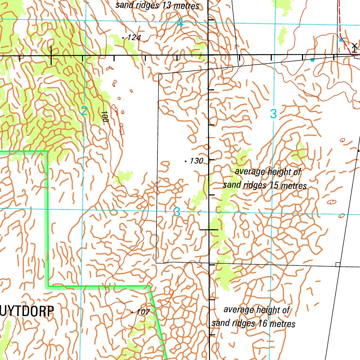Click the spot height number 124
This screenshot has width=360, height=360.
coord(134,37)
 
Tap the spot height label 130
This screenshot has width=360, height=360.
coord(197,161)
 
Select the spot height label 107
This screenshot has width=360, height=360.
coord(143,312)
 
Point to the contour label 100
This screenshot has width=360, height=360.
coord(104,116)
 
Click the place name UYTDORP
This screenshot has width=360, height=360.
coord(27,311)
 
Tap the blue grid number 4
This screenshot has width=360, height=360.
coord(180,24)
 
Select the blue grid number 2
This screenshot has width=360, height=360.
coord(84,112)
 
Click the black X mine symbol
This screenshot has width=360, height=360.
coord(354,46)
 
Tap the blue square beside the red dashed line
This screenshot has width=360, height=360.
coord(341,40)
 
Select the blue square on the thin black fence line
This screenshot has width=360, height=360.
coord(312,60)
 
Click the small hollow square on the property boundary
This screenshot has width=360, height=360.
coord(337,264)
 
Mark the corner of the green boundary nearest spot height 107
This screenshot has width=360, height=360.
coord(149,286)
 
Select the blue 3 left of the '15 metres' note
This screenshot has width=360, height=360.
coord(177,212)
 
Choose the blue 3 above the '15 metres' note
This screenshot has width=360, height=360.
coord(274,114)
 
